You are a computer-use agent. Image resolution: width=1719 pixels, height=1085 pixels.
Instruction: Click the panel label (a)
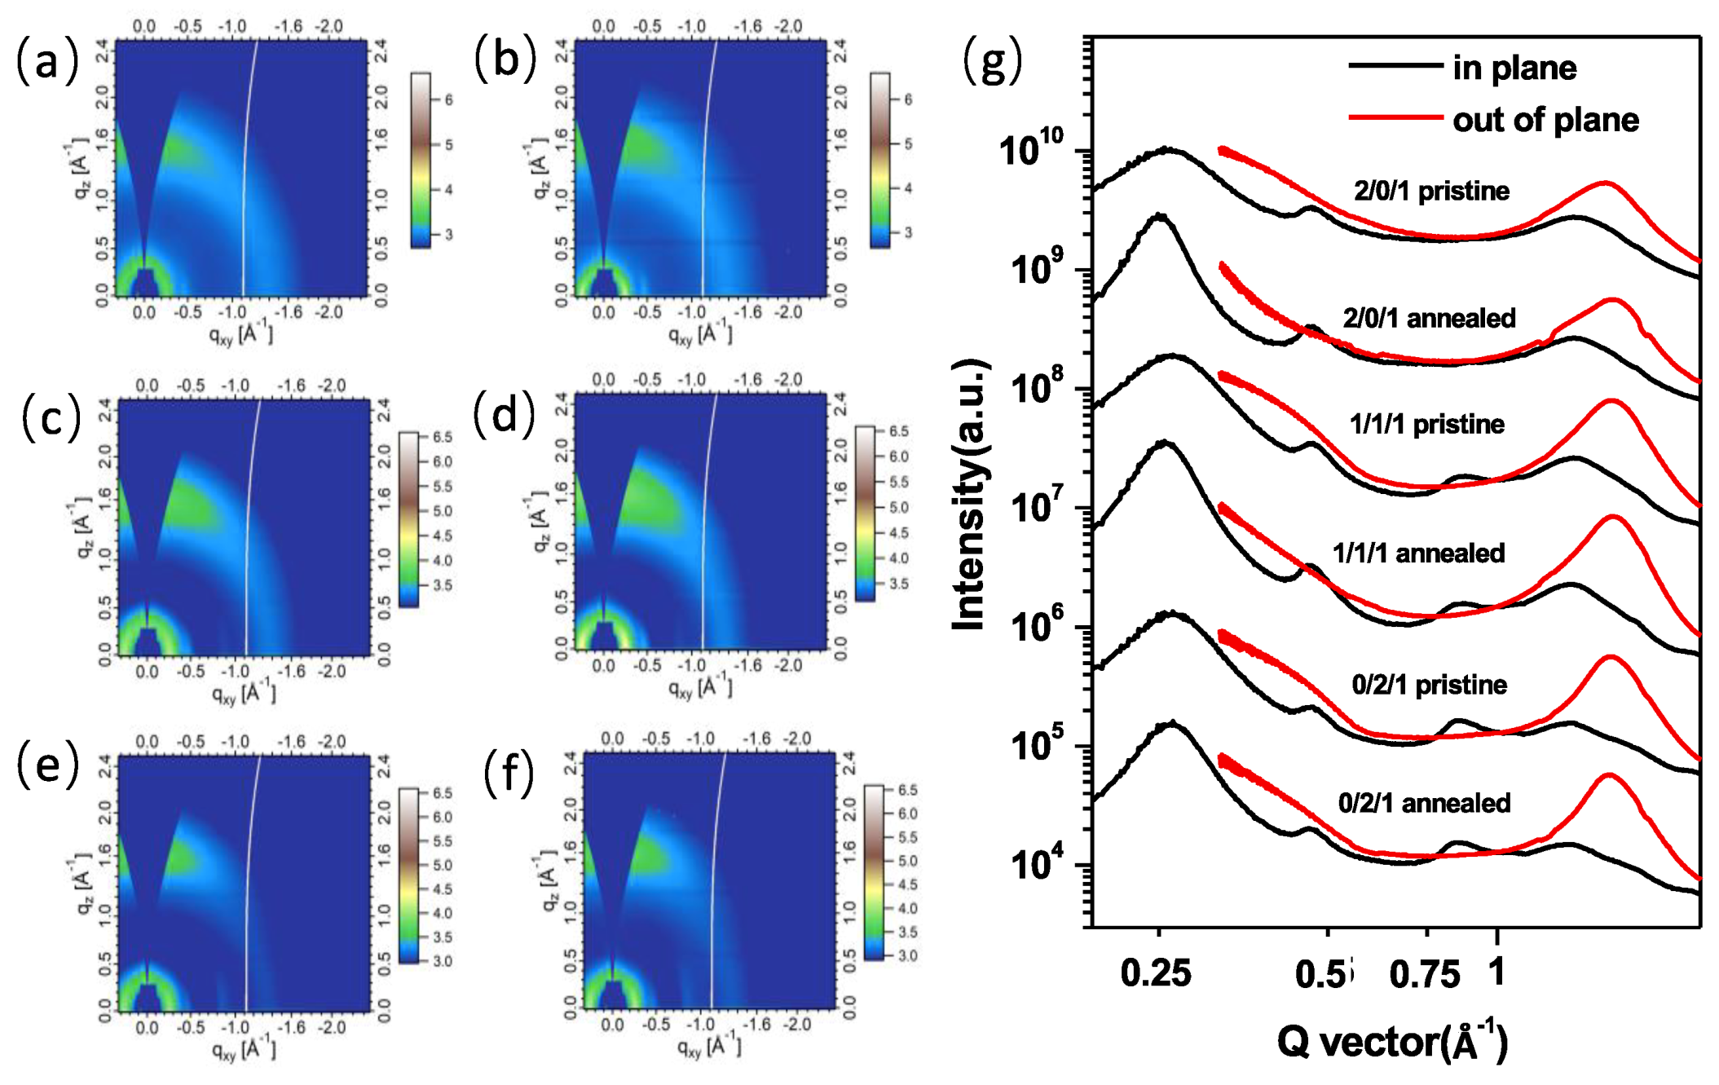coord(46,61)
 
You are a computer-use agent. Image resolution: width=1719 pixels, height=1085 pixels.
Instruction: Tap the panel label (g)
coord(991,61)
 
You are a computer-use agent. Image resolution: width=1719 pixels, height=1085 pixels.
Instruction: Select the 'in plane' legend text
coord(1514,68)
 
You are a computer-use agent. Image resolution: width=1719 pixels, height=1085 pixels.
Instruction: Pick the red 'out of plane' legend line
coord(1395,118)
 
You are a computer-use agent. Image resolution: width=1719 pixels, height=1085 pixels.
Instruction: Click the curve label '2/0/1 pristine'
coord(1430,191)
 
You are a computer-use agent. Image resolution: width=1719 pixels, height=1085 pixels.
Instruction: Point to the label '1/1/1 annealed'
coord(1417,554)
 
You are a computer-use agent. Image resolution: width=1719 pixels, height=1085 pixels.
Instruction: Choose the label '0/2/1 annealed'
coord(1423,803)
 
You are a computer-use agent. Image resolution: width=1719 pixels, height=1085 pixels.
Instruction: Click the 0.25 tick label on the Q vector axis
coord(1155,973)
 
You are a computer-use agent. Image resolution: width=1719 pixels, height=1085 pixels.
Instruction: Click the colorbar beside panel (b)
coord(879,160)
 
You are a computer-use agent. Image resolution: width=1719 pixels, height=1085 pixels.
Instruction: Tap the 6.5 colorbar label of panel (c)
coord(442,437)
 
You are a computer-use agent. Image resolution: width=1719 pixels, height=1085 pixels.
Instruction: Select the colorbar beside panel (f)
coord(873,871)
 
